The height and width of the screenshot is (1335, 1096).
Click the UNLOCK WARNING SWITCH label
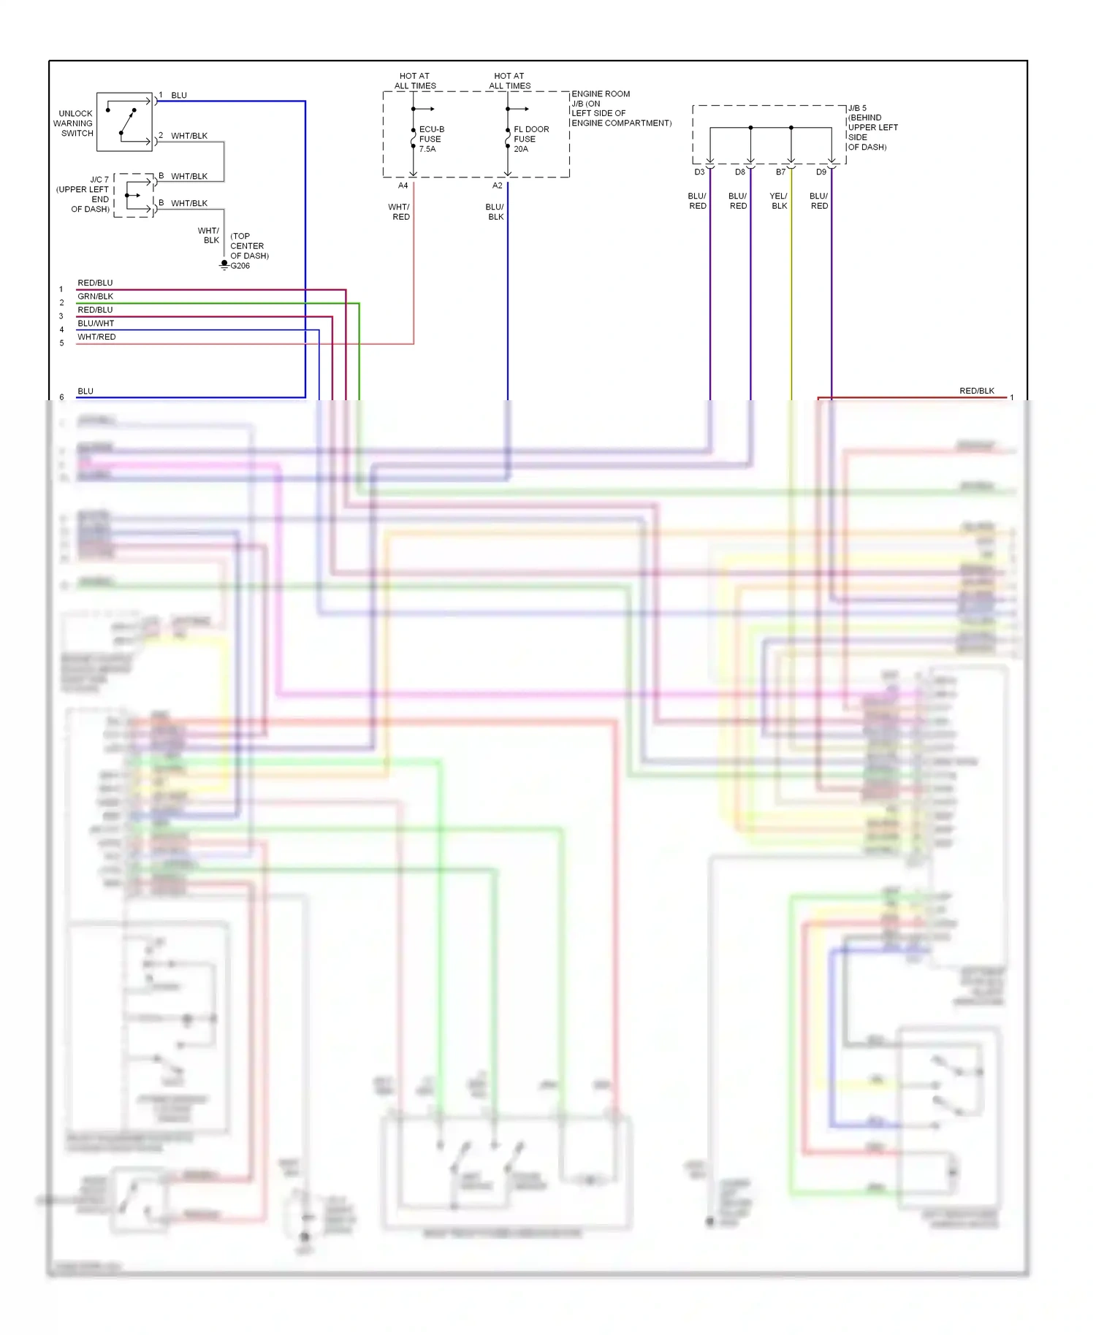tap(75, 123)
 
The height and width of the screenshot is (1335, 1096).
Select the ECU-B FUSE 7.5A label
tap(431, 139)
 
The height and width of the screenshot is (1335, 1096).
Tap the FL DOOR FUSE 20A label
tap(530, 139)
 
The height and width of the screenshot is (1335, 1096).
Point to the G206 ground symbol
tap(225, 264)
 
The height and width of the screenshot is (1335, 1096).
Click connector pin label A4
tap(403, 185)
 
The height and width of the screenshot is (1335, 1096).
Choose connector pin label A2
tap(497, 185)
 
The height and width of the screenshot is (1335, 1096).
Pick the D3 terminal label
tap(699, 172)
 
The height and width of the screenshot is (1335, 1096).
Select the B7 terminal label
tap(780, 172)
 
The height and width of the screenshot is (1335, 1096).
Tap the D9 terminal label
tap(821, 172)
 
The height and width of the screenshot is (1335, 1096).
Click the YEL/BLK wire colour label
tap(779, 201)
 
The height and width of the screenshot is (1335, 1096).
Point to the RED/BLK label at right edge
tap(976, 391)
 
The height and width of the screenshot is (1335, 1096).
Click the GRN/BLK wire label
tap(95, 297)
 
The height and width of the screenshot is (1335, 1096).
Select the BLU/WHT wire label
tap(96, 324)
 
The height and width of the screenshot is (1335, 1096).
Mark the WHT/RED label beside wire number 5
tap(96, 337)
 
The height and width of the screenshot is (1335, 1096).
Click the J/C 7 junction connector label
tap(83, 194)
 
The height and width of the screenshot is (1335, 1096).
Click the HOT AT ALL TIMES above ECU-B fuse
tap(414, 80)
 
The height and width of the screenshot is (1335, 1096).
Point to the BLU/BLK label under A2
tap(495, 212)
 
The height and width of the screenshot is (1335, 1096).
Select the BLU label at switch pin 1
tap(178, 96)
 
